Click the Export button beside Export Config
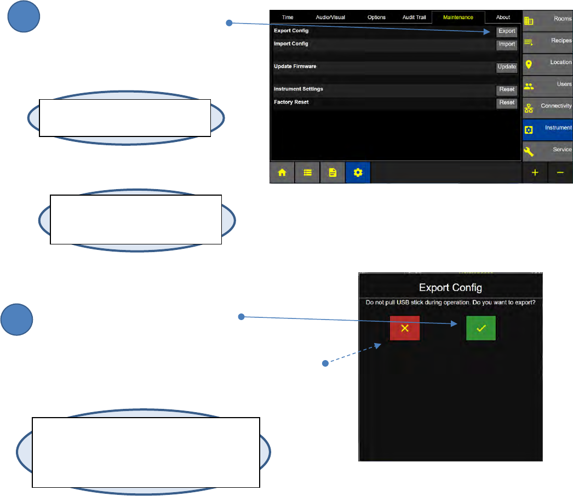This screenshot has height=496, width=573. [x=507, y=31]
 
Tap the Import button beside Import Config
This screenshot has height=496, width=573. [x=507, y=44]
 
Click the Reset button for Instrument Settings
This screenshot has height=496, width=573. [x=507, y=89]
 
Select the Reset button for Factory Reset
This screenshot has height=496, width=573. [x=507, y=102]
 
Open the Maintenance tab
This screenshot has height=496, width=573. [x=458, y=18]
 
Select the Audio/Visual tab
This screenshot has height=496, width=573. [x=330, y=18]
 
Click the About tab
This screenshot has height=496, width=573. [x=503, y=18]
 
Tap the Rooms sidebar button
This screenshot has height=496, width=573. [x=547, y=20]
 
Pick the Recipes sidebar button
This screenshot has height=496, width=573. [x=547, y=42]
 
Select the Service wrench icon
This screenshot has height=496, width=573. [x=529, y=151]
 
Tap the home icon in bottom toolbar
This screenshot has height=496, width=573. [x=282, y=172]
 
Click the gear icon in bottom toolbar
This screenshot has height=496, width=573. [x=358, y=172]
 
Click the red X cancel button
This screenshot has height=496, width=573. [x=405, y=328]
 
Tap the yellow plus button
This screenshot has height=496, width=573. [x=535, y=172]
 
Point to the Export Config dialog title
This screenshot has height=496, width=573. [x=450, y=288]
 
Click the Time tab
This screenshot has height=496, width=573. [x=288, y=18]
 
